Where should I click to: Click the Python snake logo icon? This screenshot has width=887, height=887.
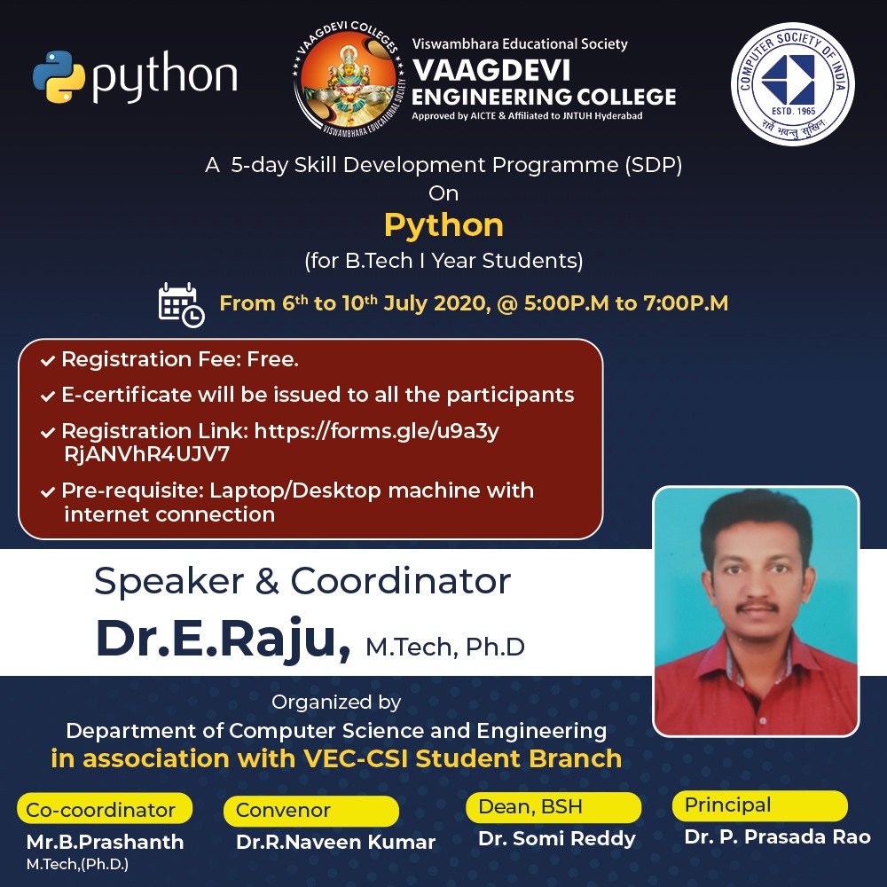click(59, 77)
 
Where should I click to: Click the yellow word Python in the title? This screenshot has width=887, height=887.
click(443, 225)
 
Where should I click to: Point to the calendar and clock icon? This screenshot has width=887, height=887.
click(181, 304)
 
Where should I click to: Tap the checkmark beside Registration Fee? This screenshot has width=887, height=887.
click(46, 361)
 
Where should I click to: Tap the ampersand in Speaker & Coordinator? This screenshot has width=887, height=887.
click(263, 582)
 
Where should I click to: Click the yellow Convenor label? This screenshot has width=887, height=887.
click(284, 810)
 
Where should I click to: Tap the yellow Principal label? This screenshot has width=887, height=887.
click(728, 805)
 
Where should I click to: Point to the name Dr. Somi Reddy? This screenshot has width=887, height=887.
click(557, 838)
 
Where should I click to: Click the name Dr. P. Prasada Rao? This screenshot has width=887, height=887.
click(777, 836)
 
